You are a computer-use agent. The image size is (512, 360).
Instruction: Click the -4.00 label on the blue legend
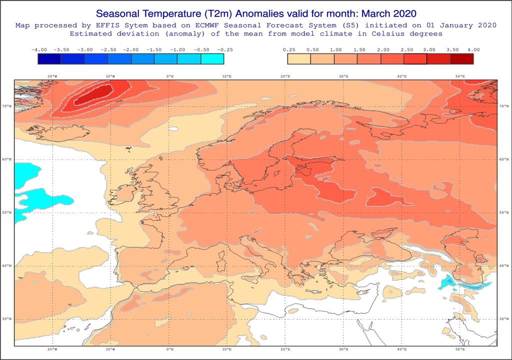point(38,50)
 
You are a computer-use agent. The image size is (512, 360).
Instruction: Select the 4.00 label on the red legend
point(473,50)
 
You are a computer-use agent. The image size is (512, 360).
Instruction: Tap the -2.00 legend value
point(131,50)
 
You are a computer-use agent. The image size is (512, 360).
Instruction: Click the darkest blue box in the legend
point(49,59)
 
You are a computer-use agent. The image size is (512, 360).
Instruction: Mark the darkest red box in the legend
point(461,59)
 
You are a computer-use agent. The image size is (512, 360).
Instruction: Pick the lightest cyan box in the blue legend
point(212,59)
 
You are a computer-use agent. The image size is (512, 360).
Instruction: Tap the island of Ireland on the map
point(125,193)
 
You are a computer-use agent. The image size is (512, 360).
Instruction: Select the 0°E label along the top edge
point(169,76)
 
